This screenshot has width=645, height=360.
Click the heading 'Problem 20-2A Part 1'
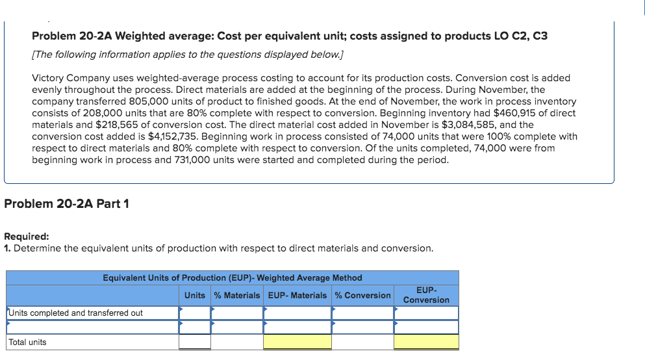(66, 203)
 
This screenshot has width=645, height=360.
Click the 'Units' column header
(195, 295)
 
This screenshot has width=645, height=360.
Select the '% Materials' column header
(237, 295)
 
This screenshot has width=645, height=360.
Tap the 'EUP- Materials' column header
(297, 295)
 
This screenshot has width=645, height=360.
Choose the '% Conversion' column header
(363, 295)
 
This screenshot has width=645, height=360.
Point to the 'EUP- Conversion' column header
(426, 294)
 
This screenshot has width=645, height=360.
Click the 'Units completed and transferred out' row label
(75, 313)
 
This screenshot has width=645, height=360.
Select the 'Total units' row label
(27, 342)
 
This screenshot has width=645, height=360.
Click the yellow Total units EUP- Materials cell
(297, 342)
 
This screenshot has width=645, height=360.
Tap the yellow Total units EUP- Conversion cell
(426, 342)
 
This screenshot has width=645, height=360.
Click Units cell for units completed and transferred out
(195, 313)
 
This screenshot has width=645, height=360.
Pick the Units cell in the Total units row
(195, 342)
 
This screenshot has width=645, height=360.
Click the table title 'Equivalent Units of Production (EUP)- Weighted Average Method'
(233, 277)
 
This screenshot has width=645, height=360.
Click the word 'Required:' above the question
(27, 237)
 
